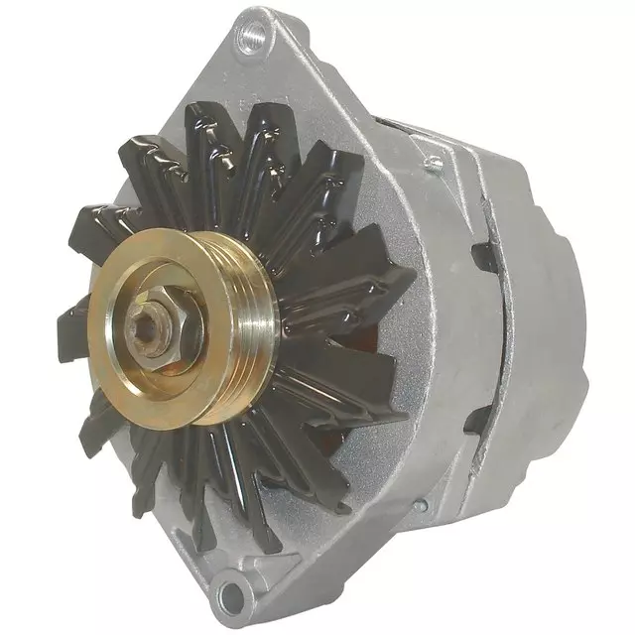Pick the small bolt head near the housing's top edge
pos(434,162)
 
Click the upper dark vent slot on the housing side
pos(483,255)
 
